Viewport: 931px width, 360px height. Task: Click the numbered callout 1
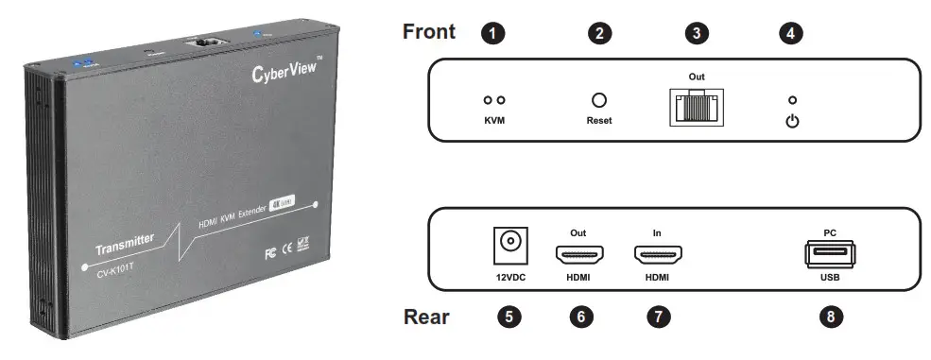coord(491,34)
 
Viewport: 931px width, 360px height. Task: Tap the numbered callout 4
coord(791,34)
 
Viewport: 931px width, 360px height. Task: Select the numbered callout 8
coord(830,317)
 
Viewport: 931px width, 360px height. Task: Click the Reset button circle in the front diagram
coord(598,100)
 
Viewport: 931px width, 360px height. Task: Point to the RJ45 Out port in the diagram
coord(697,109)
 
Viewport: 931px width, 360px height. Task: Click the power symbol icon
coord(792,121)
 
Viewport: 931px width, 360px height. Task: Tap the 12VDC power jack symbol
coord(510,244)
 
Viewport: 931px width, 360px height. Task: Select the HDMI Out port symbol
coord(580,253)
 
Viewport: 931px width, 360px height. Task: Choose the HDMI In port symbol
coord(659,253)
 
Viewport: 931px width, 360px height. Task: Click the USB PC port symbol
coord(830,253)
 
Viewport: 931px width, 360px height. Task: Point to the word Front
coord(429,32)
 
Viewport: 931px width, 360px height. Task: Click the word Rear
coord(426,317)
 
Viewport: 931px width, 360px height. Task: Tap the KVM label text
coord(495,121)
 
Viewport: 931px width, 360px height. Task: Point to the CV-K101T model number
coord(124,273)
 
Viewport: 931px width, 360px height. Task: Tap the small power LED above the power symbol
coord(792,99)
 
